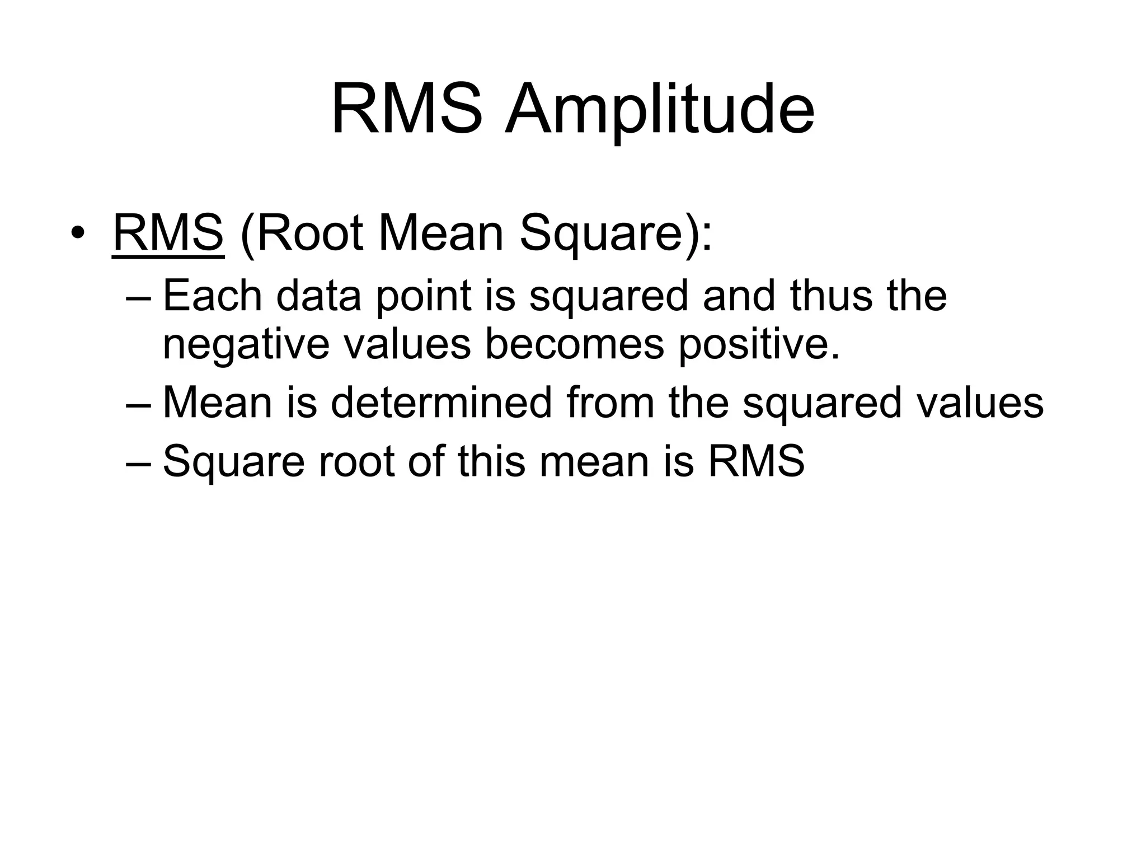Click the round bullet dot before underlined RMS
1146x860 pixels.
tap(78, 233)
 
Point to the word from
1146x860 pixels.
tap(610, 403)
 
